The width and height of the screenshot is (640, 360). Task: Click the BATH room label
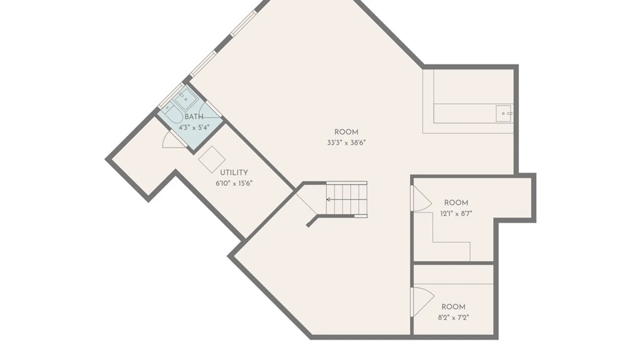194,117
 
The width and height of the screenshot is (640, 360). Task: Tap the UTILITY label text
234,173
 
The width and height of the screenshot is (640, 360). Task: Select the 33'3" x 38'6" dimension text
346,143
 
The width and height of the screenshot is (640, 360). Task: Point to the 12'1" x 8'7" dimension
456,214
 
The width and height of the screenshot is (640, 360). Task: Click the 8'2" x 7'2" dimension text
453,318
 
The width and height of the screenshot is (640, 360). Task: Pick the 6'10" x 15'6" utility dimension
234,183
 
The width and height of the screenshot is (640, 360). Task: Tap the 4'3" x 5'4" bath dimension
194,127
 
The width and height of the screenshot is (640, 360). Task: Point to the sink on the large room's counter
503,113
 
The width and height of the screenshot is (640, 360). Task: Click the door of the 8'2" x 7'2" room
423,301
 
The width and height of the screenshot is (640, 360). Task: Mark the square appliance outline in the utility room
212,159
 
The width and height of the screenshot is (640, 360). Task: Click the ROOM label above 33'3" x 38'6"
346,132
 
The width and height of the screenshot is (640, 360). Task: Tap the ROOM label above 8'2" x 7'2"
453,307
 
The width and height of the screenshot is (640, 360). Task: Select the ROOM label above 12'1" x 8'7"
456,203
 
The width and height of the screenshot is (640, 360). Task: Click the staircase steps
347,199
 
